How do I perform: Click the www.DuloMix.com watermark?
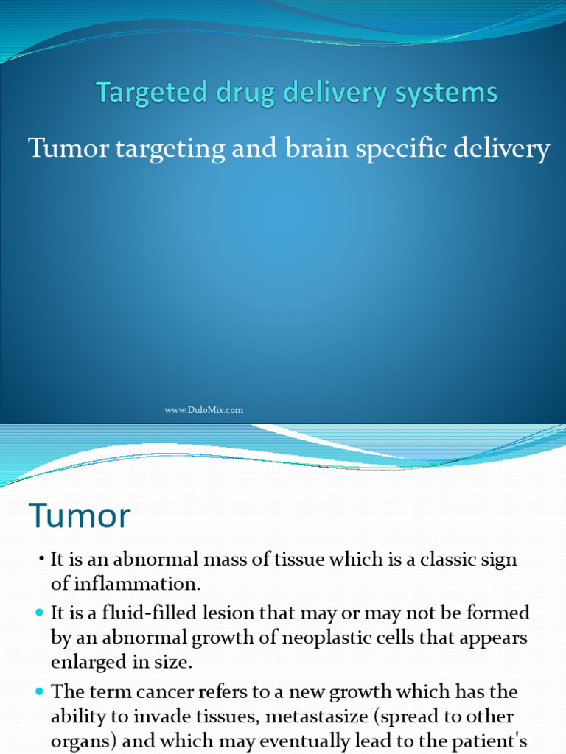click(203, 410)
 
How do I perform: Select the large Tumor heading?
click(80, 515)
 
